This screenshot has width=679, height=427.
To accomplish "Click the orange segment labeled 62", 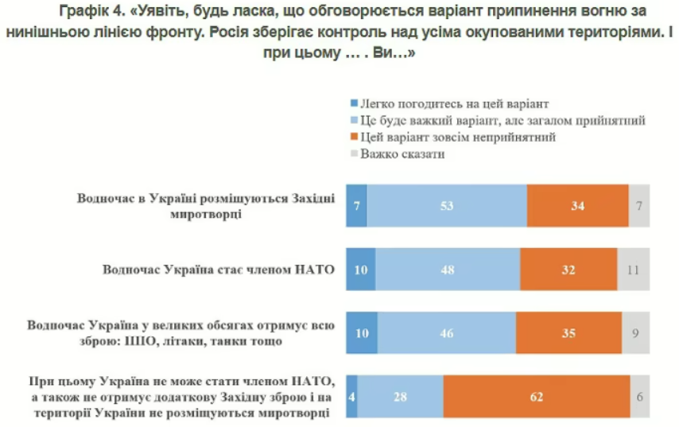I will (537, 397).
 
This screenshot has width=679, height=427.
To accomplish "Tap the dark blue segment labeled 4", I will (352, 397).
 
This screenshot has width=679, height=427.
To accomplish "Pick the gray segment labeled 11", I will (634, 270).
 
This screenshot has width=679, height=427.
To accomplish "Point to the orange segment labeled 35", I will (568, 333).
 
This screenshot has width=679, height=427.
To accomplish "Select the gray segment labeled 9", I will (636, 333).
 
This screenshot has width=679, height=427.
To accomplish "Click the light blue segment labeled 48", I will (448, 270).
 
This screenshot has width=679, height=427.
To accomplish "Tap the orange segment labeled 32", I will (568, 270).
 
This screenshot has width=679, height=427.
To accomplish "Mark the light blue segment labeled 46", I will (446, 333).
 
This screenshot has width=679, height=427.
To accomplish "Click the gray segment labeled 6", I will (640, 397).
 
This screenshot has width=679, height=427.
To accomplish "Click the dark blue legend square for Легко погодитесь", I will (354, 104).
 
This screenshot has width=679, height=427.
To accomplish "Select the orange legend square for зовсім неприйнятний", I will (354, 138).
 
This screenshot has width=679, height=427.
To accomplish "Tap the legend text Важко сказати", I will (402, 154).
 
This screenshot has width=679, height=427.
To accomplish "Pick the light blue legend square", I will (354, 121).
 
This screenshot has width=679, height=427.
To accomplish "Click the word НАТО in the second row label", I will (313, 270).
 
